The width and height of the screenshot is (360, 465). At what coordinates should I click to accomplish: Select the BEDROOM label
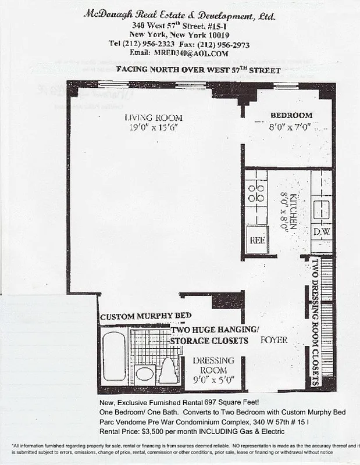[x=291, y=115]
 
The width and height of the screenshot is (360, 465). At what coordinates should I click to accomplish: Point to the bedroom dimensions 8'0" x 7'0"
[x=291, y=126]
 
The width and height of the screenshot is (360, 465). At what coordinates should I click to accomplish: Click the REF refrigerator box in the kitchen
[x=257, y=239]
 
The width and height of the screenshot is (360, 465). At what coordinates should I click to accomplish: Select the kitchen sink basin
[x=322, y=208]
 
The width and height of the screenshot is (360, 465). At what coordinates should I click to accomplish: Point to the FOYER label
[x=273, y=339]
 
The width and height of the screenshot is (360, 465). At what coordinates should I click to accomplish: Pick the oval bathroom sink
[x=144, y=374]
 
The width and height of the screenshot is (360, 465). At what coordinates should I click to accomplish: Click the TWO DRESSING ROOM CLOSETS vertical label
[x=315, y=322]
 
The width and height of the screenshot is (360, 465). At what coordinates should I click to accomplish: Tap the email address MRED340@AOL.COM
[x=185, y=52]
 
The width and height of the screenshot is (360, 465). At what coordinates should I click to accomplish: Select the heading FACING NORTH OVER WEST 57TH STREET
[x=198, y=70]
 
